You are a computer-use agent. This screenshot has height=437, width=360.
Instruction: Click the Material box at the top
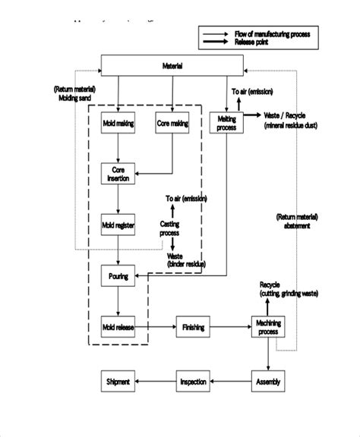(x=173, y=67)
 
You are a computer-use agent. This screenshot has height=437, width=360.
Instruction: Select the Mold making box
(x=118, y=122)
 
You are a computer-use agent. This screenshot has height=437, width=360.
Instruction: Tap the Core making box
(x=172, y=122)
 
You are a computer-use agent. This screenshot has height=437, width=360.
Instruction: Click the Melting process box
(x=226, y=123)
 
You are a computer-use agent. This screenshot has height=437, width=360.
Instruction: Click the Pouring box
(x=118, y=275)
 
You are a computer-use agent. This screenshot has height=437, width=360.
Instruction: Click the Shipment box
(x=118, y=381)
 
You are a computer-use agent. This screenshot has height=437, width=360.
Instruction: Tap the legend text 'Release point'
(x=255, y=42)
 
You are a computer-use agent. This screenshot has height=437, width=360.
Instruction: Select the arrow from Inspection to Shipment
(x=156, y=381)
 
